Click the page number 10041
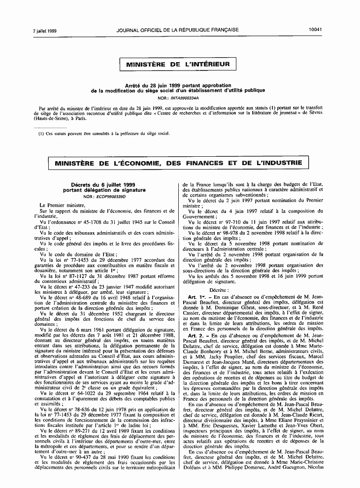click(315, 30)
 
